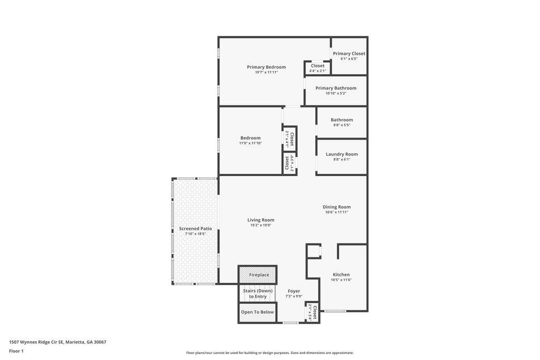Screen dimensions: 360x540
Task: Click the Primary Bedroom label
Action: (x=266, y=67)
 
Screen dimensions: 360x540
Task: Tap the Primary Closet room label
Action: (x=349, y=53)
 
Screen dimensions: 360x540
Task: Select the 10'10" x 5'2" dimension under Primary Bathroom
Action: (x=336, y=93)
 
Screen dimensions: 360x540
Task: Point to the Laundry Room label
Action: (x=342, y=154)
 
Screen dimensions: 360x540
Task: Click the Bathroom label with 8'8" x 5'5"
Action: (x=342, y=120)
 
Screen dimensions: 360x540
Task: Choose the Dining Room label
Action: (x=336, y=207)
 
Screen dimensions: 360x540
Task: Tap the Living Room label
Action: (x=261, y=220)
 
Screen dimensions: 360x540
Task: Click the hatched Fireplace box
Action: (x=258, y=275)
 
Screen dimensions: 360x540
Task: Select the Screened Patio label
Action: (x=195, y=228)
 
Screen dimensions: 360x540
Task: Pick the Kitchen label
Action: (x=341, y=274)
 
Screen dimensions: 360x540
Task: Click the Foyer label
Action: (x=294, y=291)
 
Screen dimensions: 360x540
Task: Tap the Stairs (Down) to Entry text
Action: (x=257, y=294)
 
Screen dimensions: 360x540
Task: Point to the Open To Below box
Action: (x=257, y=312)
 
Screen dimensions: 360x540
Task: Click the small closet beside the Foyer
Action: (x=313, y=312)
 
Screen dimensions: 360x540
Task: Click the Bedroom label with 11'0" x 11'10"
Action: (x=250, y=138)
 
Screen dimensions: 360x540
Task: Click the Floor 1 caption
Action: (x=16, y=351)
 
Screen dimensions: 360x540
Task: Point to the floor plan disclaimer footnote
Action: (x=269, y=353)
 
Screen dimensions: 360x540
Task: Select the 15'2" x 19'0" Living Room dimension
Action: (x=261, y=225)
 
